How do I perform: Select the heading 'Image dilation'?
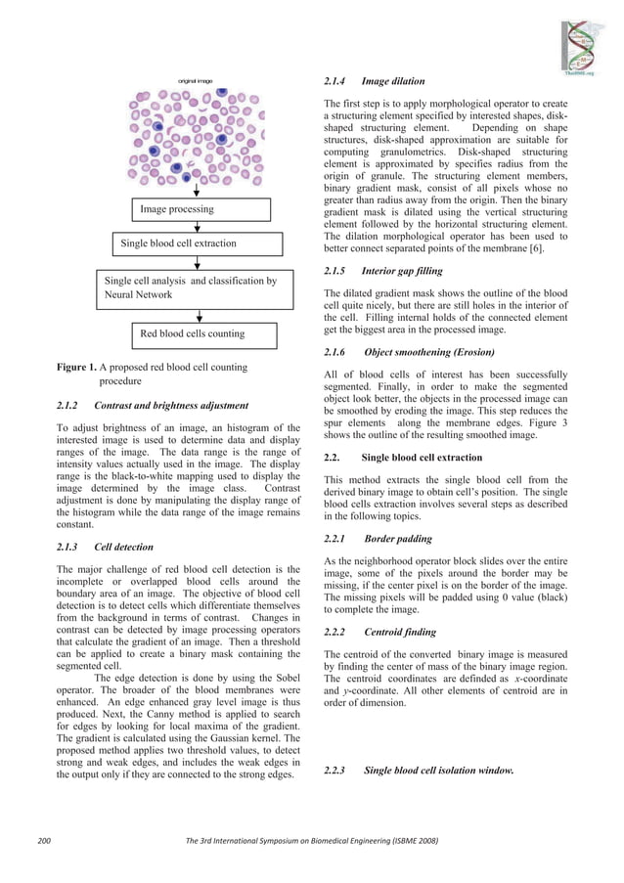pyautogui.click(x=393, y=81)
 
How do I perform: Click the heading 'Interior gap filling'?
pyautogui.click(x=401, y=270)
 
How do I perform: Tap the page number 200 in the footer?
pyautogui.click(x=44, y=840)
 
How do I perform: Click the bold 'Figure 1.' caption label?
pyautogui.click(x=75, y=368)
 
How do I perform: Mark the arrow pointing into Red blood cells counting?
pyautogui.click(x=199, y=316)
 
